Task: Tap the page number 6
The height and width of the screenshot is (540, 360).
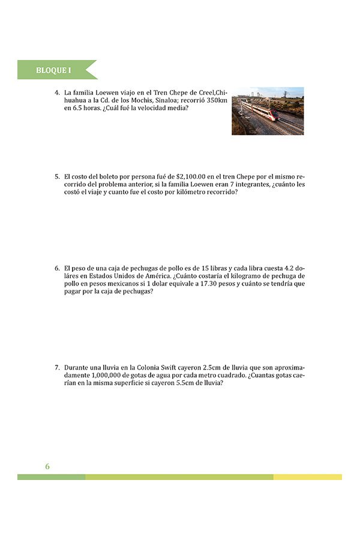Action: click(47, 466)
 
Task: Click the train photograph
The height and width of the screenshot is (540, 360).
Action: click(268, 111)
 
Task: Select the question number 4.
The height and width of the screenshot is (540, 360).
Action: click(56, 92)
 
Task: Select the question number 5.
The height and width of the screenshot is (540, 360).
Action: click(56, 176)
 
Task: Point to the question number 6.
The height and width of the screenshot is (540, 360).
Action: click(56, 268)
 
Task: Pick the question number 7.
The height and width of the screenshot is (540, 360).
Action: click(56, 367)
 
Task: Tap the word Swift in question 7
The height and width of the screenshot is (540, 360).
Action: click(167, 367)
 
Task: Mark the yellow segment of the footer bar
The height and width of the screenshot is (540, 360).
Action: click(307, 477)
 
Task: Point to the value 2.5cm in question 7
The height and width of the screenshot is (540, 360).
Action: click(212, 367)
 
